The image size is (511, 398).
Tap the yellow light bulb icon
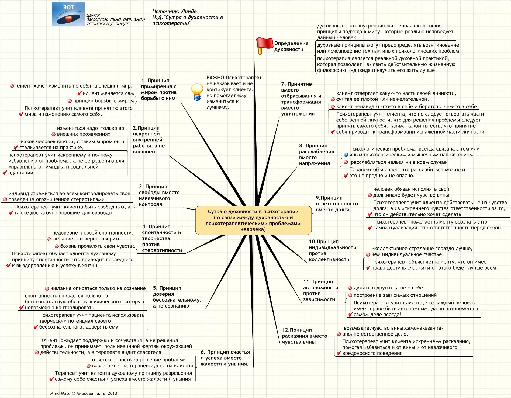tap(197, 92)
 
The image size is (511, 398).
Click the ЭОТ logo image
tap(68, 14)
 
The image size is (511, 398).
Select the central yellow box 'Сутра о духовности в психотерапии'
tap(253, 220)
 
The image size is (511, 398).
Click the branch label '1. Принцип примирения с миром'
tap(159, 89)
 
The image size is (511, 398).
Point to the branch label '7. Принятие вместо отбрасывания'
tap(301, 99)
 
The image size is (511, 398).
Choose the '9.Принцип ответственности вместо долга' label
tap(337, 204)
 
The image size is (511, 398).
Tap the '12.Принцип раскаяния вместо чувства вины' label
tap(304, 336)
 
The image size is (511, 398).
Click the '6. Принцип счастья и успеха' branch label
tap(225, 358)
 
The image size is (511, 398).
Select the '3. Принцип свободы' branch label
tap(159, 195)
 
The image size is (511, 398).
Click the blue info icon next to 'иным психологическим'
tap(346, 155)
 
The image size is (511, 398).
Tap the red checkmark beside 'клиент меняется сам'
tap(79, 93)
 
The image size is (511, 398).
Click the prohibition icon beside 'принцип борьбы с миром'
tap(70, 101)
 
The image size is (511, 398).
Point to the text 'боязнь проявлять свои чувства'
tap(97, 246)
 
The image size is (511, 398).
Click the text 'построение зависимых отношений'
tap(395, 295)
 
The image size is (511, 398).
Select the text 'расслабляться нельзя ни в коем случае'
tap(398, 162)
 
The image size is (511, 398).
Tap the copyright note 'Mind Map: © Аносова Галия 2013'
tap(84, 393)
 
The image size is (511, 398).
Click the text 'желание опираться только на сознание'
tap(98, 288)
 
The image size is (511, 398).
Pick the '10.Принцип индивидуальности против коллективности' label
tap(332, 250)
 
